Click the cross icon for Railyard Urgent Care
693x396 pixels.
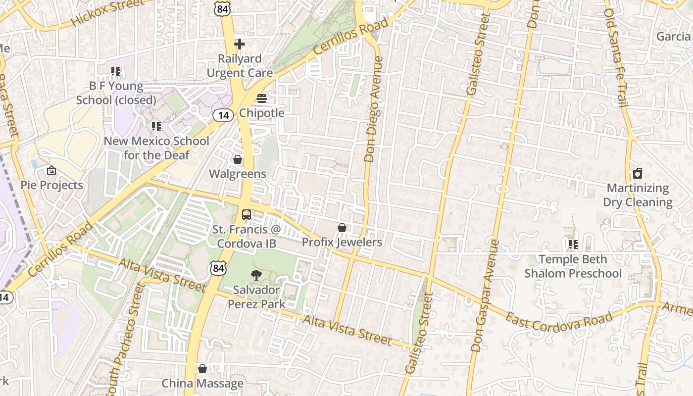240,45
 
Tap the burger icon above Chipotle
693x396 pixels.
262,99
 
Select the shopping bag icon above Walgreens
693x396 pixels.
238,159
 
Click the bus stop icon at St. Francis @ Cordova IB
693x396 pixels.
246,215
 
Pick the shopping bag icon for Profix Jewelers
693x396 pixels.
342,228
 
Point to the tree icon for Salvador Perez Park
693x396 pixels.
256,275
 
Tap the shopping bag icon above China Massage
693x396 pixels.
202,369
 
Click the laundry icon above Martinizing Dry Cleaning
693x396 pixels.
638,173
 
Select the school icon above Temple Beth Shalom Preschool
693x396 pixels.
573,244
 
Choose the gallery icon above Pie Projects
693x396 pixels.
51,171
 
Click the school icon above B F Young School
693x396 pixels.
116,71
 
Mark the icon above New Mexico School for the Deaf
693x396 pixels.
156,126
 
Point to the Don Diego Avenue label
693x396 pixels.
374,109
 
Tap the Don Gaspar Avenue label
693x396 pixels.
485,296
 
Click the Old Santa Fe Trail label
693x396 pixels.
617,57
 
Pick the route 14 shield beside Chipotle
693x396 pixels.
223,115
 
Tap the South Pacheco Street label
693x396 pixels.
124,342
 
